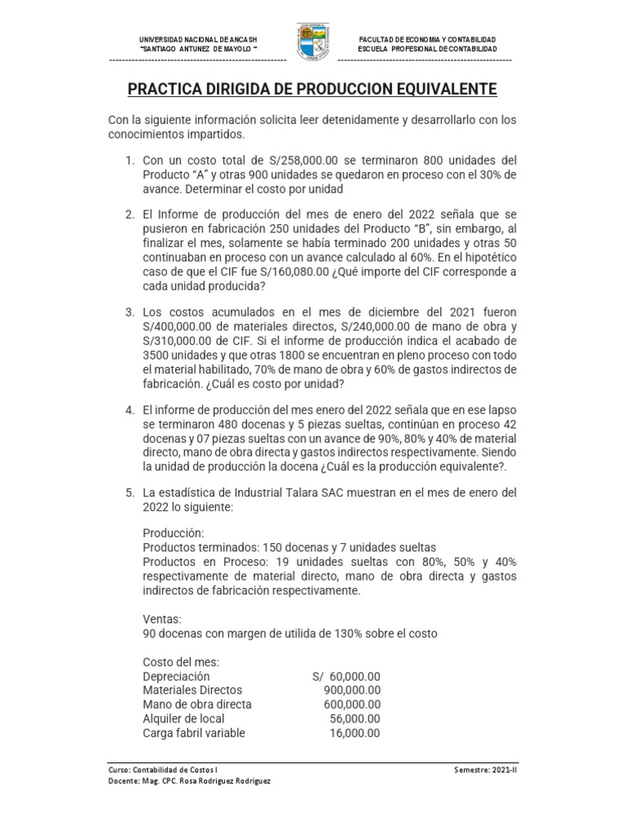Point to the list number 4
tap(129, 409)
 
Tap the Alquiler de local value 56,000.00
tap(355, 718)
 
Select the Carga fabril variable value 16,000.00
tap(355, 732)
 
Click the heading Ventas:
tap(161, 619)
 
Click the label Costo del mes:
tap(180, 662)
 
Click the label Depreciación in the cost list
tap(176, 677)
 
